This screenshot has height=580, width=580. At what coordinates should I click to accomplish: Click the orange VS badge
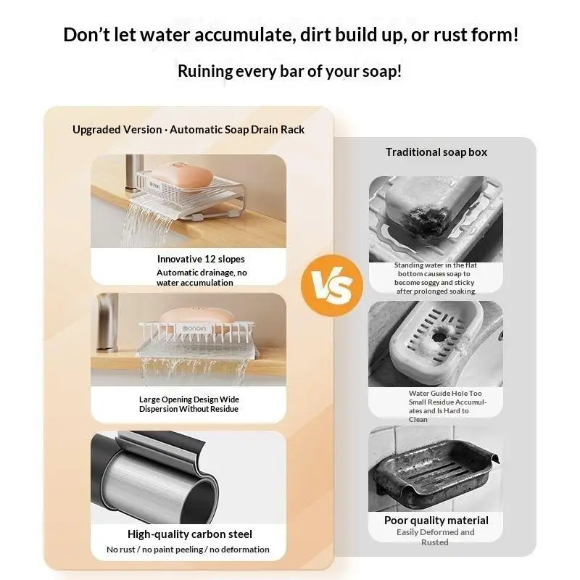332,285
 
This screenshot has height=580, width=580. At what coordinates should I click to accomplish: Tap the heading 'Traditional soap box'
436,152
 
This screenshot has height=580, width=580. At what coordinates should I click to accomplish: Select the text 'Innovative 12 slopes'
201,259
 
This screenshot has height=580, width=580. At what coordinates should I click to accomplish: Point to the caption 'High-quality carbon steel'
190,534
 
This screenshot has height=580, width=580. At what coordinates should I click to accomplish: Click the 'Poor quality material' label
436,521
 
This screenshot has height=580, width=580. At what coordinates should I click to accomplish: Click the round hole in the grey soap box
438,337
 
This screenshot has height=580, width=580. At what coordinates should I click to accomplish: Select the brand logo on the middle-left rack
194,328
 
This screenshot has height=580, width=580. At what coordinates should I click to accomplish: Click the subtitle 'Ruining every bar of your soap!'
289,71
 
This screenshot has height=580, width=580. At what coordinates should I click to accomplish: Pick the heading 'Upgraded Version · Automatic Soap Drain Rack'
188,130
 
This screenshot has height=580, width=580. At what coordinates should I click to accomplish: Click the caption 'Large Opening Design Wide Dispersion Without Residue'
189,404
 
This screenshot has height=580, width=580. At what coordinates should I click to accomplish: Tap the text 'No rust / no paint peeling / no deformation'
188,550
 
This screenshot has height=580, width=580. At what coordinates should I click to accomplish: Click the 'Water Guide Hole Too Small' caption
447,406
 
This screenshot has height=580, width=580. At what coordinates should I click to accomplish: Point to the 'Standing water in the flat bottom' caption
436,278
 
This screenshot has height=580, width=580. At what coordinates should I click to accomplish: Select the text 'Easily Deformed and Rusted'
436,537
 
